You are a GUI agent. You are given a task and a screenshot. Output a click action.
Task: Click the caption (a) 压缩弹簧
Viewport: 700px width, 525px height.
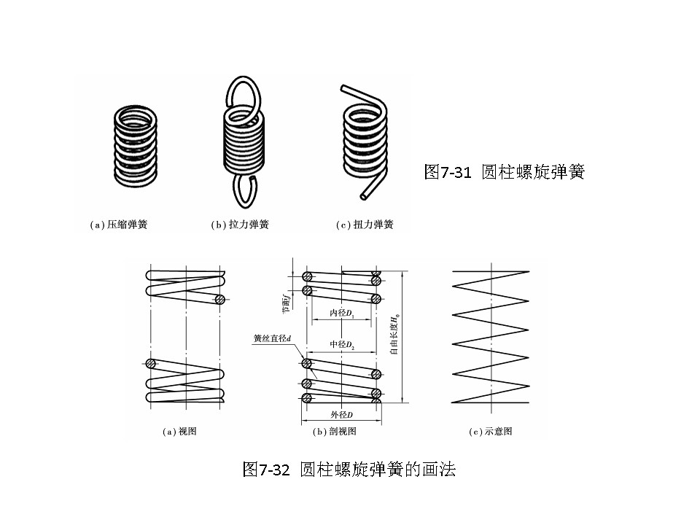point(118,225)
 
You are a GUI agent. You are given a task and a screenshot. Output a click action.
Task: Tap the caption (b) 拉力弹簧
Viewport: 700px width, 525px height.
point(240,225)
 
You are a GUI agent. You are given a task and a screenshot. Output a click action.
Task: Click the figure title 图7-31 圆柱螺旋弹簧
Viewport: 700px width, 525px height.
point(504,173)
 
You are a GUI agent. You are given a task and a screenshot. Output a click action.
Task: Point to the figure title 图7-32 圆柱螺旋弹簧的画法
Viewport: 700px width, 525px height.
point(349,470)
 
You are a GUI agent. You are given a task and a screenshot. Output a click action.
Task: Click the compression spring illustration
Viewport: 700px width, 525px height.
point(136,145)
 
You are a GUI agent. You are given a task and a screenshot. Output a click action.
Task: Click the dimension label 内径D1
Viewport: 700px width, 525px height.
point(341,313)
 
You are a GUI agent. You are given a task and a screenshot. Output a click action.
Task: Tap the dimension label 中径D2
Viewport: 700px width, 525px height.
point(341,344)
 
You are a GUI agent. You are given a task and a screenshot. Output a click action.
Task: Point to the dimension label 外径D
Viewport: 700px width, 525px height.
point(341,415)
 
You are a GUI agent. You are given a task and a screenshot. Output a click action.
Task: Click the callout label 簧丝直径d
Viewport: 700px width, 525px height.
point(272,338)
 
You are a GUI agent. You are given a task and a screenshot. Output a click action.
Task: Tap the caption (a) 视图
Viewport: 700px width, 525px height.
point(179,432)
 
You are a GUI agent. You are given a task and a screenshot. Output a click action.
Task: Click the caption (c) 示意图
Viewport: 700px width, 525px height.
point(490,432)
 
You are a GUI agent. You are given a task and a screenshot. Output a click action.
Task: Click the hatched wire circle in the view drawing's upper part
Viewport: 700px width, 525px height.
point(219,299)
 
